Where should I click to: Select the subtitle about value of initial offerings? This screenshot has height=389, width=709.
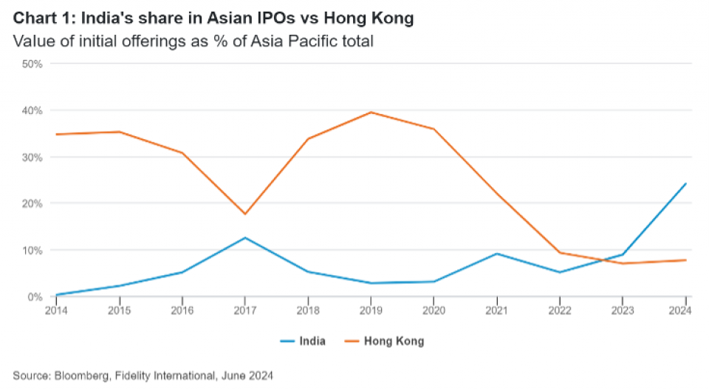point(193,41)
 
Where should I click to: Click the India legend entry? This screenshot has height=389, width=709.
point(302,341)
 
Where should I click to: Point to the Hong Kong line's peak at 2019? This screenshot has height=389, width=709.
point(370,112)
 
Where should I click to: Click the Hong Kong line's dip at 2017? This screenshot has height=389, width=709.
point(244,214)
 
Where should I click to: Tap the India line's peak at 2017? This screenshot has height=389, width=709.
point(244,237)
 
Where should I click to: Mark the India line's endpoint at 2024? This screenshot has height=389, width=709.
point(685,183)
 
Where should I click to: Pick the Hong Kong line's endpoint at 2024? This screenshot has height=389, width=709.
point(685,260)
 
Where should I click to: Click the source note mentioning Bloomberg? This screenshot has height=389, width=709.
point(143,376)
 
